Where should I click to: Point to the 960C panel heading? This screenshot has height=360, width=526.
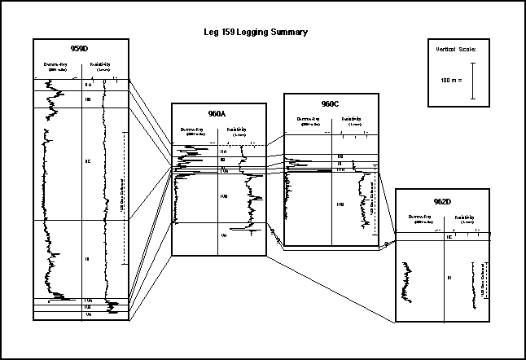tap(331, 103)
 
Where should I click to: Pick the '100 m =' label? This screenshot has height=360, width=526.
tap(449, 81)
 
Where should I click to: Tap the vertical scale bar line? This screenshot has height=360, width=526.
tap(472, 81)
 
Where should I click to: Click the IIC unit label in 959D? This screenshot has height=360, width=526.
tap(88, 161)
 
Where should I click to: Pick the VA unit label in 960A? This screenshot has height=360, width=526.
tap(224, 235)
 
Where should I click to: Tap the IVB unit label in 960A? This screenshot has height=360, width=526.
tap(224, 196)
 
